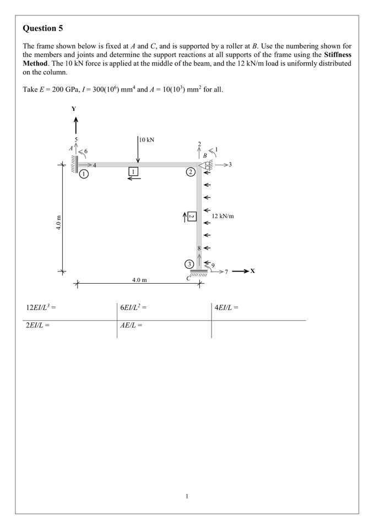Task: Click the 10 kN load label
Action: [147, 139]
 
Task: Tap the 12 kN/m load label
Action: [223, 216]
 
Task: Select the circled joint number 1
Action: [83, 173]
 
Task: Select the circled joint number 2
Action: [191, 172]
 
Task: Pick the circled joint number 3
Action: [189, 264]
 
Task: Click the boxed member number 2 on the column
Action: [191, 216]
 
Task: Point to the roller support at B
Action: [207, 164]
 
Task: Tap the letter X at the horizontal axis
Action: [252, 271]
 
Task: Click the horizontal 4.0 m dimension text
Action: [139, 280]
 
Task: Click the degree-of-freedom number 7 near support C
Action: [226, 272]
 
